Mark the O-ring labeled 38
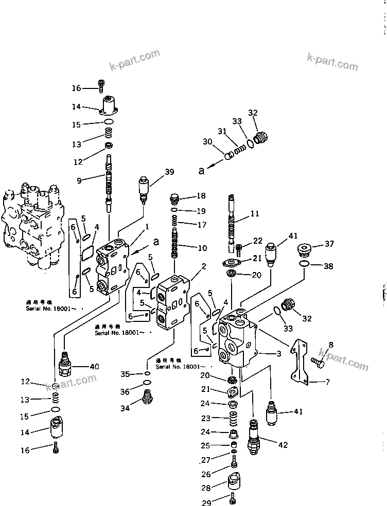pos(304,264)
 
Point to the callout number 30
pos(207,142)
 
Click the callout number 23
pos(205,418)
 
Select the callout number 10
pos(202,248)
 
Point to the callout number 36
pos(125,392)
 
